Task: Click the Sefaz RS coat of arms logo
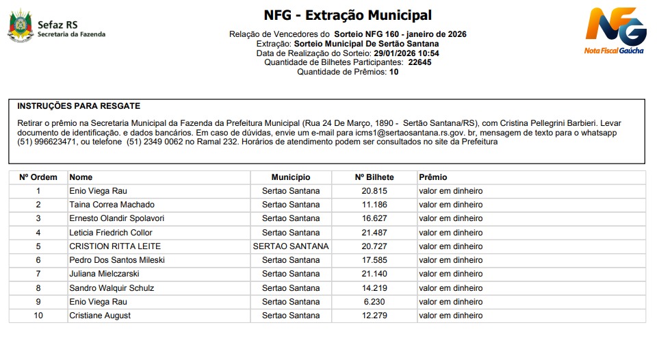click(x=20, y=27)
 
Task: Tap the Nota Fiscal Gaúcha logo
click(x=615, y=30)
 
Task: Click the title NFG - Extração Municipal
click(x=348, y=15)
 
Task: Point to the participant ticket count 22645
click(x=419, y=62)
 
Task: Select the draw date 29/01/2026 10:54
click(x=406, y=53)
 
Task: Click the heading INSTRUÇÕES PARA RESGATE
click(x=79, y=106)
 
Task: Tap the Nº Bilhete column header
click(x=374, y=177)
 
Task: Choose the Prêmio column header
click(x=432, y=177)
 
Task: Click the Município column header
click(x=290, y=177)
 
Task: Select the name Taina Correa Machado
click(x=112, y=205)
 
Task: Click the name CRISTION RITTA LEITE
click(x=115, y=246)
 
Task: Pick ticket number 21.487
click(x=374, y=233)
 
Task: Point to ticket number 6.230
click(x=374, y=302)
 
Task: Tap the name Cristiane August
click(x=100, y=316)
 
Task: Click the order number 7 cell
click(x=38, y=274)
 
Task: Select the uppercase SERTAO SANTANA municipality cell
click(x=291, y=246)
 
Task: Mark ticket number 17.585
click(x=374, y=260)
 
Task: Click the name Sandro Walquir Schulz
click(x=112, y=288)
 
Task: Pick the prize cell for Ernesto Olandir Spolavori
click(x=450, y=218)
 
